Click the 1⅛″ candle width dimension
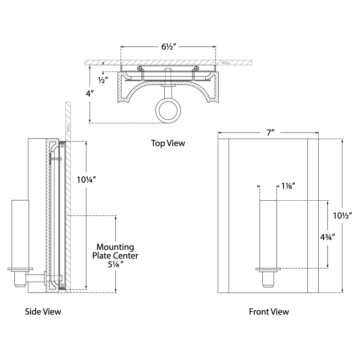click(x=288, y=185)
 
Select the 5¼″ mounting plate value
click(x=116, y=264)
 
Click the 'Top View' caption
click(x=168, y=143)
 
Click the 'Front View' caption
click(x=269, y=311)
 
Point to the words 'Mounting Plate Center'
click(x=116, y=251)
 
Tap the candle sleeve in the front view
click(x=269, y=234)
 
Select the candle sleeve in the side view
click(x=21, y=234)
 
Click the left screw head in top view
click(x=140, y=69)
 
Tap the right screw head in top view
click(x=196, y=69)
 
